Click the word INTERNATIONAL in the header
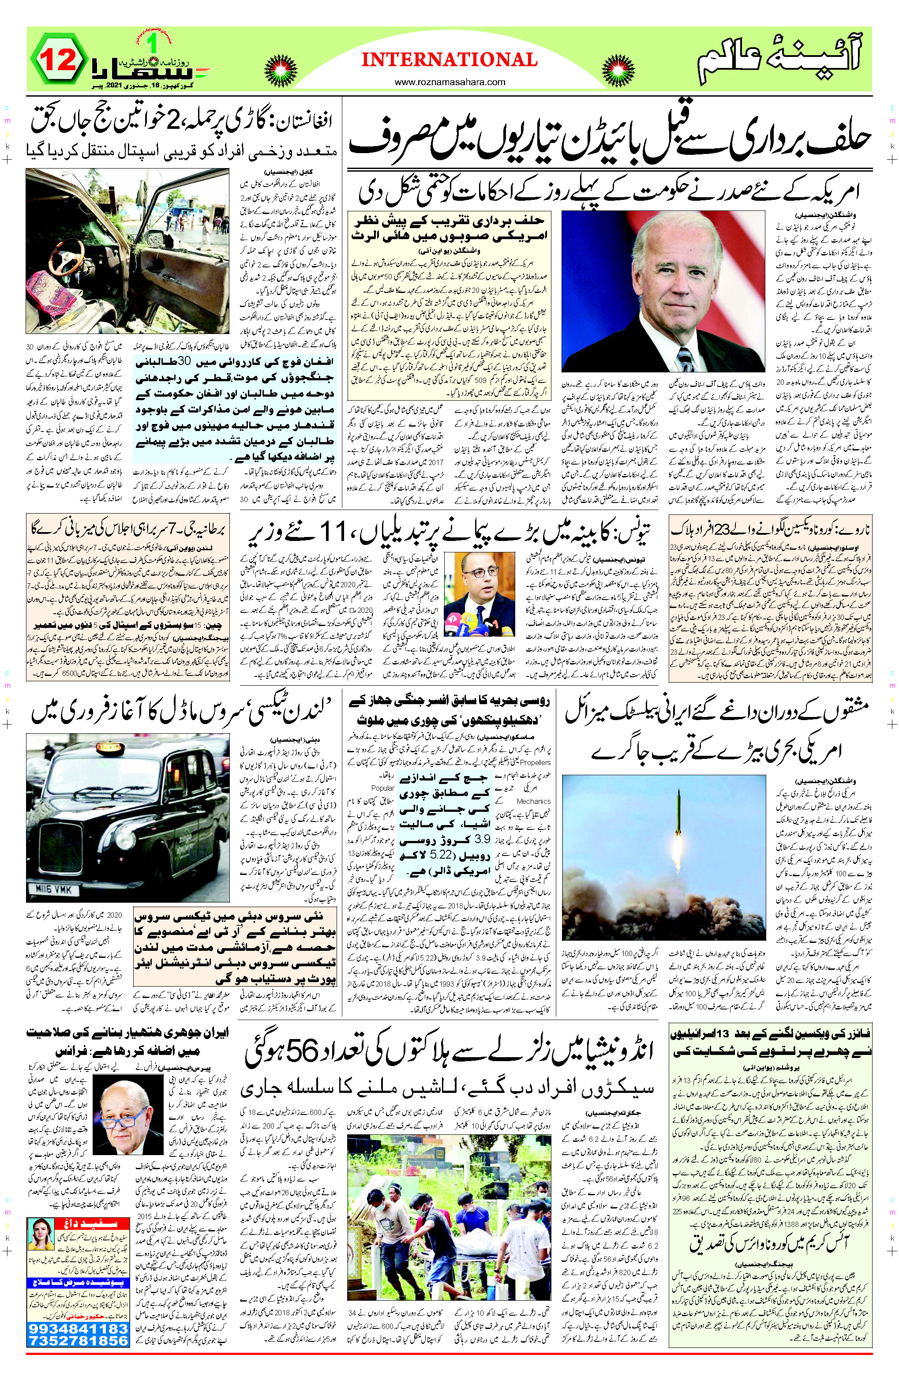tap(449, 59)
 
